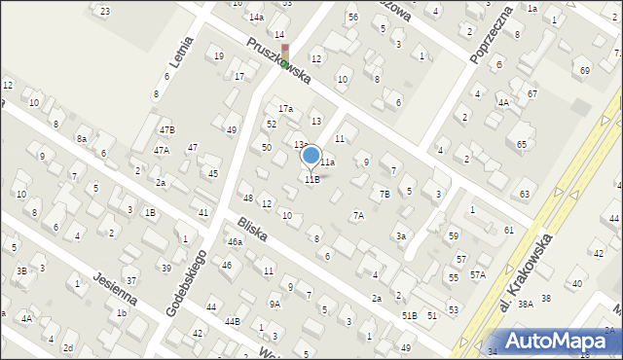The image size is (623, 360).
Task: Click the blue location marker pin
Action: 311,156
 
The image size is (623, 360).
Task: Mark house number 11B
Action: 311,179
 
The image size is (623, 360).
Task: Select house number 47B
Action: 167,129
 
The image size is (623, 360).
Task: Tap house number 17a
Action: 285,108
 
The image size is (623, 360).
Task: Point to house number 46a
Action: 235,241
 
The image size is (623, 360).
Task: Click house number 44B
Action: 232,321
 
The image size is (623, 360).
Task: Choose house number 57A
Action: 477,275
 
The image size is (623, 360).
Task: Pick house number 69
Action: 584,71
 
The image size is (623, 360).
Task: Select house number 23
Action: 104,11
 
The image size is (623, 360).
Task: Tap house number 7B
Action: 385,194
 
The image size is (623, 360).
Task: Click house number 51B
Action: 409,315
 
